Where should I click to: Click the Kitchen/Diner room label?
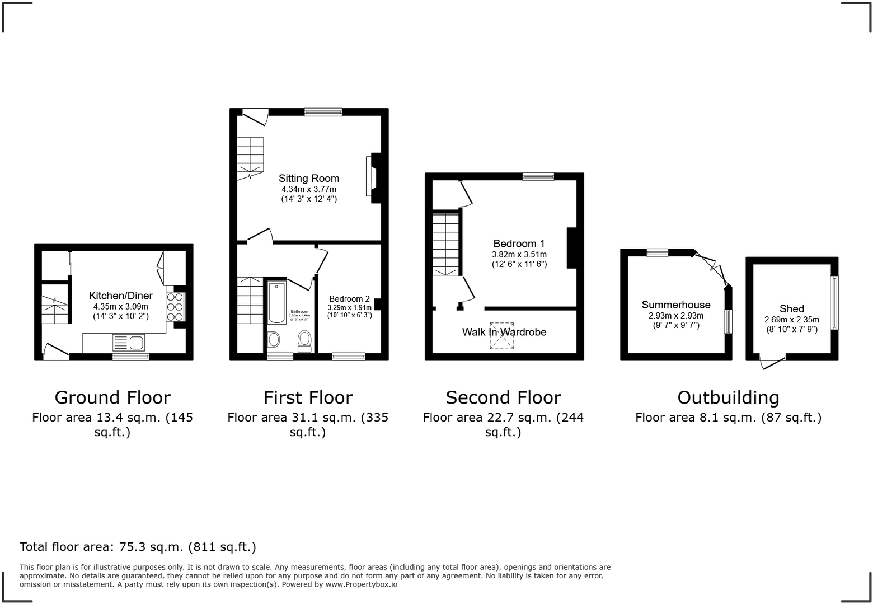(120, 296)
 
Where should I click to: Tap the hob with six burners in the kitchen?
(175, 307)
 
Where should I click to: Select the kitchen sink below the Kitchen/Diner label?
(128, 342)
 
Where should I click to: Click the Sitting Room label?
(309, 179)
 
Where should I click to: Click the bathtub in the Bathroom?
(277, 303)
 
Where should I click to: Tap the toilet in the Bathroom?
(304, 340)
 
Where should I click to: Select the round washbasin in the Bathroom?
(274, 339)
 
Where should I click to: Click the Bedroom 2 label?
(349, 299)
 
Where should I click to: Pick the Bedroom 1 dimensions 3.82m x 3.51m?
(519, 254)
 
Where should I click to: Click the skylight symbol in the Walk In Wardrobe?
(502, 336)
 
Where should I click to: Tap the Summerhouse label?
(675, 305)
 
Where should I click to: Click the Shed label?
(791, 309)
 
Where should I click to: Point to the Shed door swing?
(772, 363)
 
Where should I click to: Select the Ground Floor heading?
(112, 397)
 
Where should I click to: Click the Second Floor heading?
(503, 397)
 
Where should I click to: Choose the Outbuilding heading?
(728, 397)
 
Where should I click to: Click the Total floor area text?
(138, 547)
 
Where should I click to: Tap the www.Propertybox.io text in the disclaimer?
(361, 584)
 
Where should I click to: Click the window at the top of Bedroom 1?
(538, 177)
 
